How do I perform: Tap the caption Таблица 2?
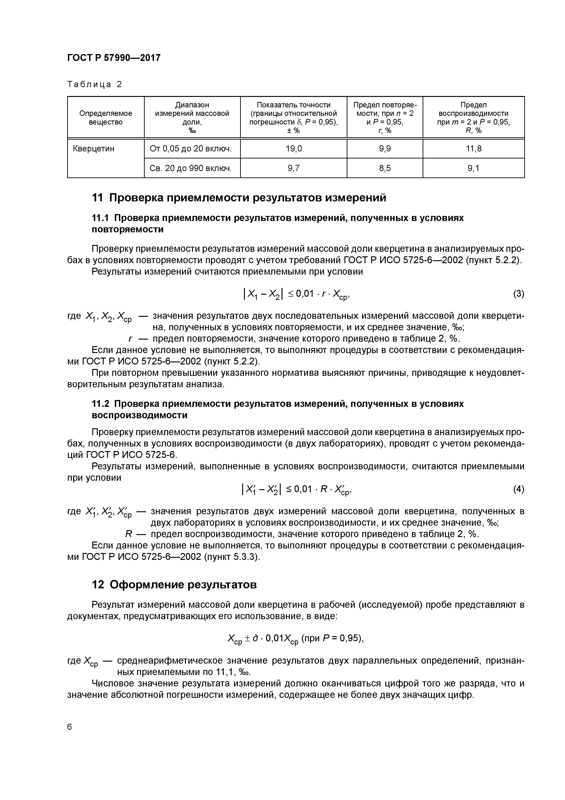tap(94, 84)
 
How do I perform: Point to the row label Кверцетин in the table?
tap(93, 149)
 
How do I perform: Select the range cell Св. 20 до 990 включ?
tap(190, 168)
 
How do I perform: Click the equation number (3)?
tap(518, 294)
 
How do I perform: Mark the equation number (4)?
tap(518, 489)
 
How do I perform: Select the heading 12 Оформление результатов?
tap(174, 584)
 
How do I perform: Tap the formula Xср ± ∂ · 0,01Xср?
tap(263, 638)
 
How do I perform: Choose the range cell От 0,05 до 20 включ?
tap(190, 149)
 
